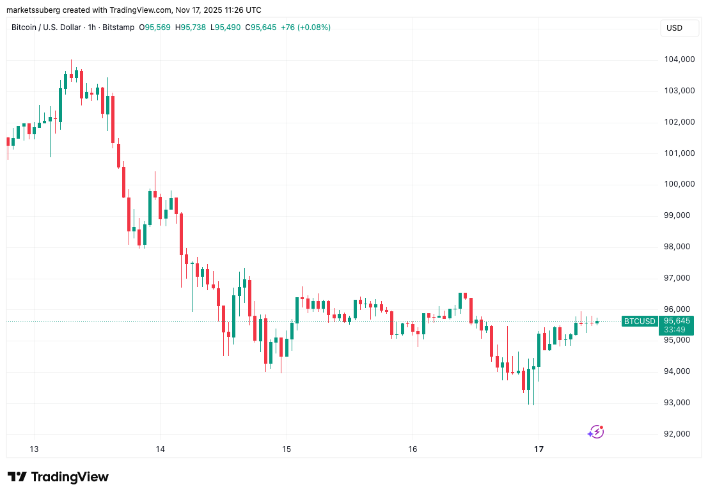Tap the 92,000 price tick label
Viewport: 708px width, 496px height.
[x=679, y=434]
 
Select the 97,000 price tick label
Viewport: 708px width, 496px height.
[x=679, y=278]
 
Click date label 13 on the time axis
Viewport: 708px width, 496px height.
[x=34, y=449]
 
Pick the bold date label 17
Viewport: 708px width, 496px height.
[x=539, y=449]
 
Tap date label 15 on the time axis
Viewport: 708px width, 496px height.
[x=287, y=449]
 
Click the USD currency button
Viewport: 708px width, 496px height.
[x=674, y=28]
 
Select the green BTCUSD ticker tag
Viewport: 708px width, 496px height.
[x=640, y=321]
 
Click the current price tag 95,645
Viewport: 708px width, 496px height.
[x=677, y=321]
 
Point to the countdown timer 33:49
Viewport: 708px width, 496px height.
[x=675, y=330]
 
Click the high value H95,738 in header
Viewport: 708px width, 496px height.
[x=191, y=27]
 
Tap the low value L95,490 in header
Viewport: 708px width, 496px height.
[x=227, y=27]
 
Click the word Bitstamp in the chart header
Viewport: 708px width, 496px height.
[x=118, y=27]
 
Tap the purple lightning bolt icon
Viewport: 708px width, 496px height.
[x=596, y=432]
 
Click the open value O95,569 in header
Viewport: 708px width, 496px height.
[x=155, y=27]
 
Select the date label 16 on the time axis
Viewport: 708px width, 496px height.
[x=413, y=449]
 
